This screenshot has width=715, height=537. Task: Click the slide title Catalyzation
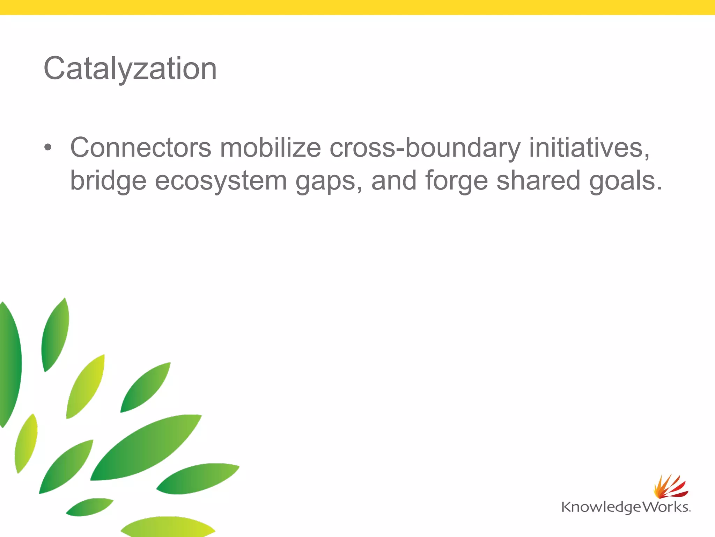pos(130,69)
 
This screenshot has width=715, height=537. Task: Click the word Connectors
pos(140,148)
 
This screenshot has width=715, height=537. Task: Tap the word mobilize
pos(270,148)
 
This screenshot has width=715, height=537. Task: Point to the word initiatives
pos(589,148)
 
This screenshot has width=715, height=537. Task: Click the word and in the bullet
pos(394,180)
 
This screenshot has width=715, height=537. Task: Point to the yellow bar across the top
pos(357,7)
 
